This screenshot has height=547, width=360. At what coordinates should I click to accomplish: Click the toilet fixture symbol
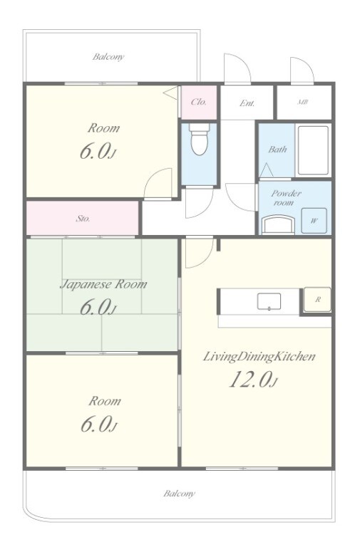[x=200, y=139]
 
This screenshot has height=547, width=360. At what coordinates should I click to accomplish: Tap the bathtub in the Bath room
[x=313, y=150]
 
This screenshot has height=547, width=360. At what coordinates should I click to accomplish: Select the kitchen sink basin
[x=269, y=301]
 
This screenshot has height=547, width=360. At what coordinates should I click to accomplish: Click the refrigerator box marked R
[x=317, y=299]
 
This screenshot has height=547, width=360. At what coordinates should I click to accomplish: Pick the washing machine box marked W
[x=314, y=221]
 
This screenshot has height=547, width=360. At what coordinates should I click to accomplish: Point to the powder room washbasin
[x=278, y=224]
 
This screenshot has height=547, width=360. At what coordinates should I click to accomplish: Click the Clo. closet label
[x=199, y=102]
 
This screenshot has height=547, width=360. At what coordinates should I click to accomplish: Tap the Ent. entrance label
[x=247, y=103]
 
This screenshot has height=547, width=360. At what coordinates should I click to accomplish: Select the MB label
[x=303, y=103]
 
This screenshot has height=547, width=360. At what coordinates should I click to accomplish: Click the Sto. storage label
[x=83, y=219]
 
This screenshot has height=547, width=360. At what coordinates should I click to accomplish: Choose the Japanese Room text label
[x=103, y=285]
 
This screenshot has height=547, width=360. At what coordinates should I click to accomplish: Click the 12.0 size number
[x=250, y=380]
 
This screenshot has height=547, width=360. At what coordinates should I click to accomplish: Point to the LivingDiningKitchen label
[x=259, y=357]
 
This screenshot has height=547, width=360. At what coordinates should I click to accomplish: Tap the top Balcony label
[x=108, y=56]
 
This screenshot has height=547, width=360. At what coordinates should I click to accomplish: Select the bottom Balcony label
[x=179, y=494]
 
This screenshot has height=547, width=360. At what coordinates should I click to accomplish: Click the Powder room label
[x=286, y=198]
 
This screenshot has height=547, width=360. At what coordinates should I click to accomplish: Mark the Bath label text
[x=277, y=150]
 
